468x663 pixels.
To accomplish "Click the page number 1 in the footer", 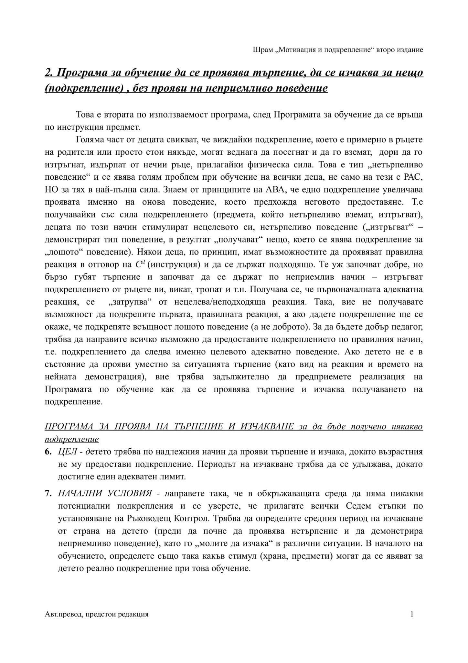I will tap(412, 614).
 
